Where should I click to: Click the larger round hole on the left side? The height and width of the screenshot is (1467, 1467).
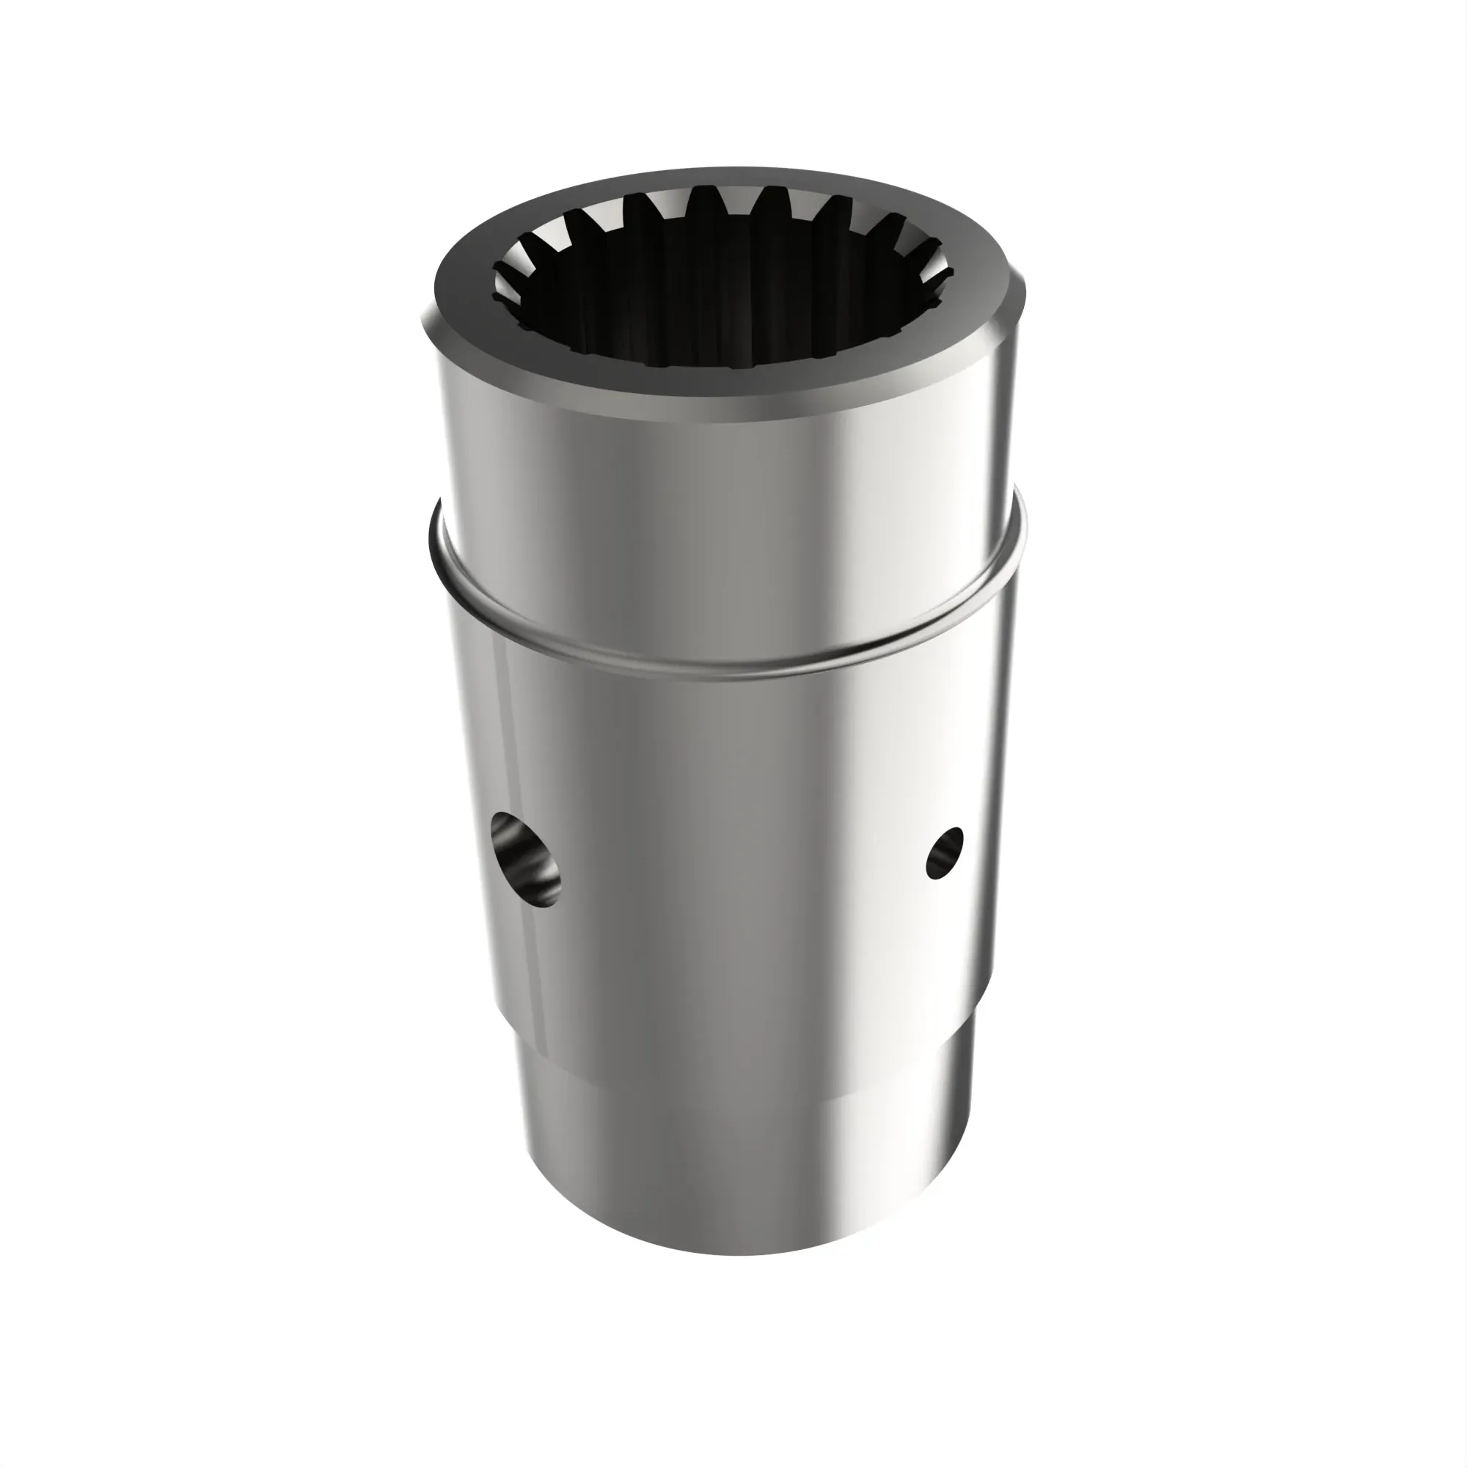pyautogui.click(x=525, y=859)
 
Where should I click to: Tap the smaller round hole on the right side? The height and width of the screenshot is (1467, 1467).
pyautogui.click(x=945, y=853)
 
